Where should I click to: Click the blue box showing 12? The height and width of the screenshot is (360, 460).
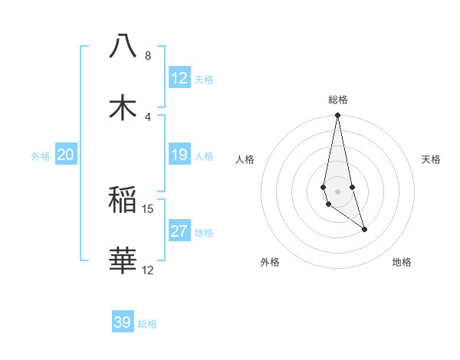pyautogui.click(x=179, y=78)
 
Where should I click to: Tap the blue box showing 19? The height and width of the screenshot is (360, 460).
pyautogui.click(x=179, y=155)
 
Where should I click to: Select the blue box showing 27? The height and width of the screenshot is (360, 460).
pyautogui.click(x=179, y=231)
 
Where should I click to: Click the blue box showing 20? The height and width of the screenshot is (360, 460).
pyautogui.click(x=66, y=155)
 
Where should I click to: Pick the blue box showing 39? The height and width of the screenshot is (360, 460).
pyautogui.click(x=123, y=322)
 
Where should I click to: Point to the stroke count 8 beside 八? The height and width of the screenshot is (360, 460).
pyautogui.click(x=147, y=56)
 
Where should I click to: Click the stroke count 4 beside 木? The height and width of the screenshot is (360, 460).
pyautogui.click(x=147, y=117)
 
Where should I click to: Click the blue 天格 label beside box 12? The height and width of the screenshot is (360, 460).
pyautogui.click(x=204, y=80)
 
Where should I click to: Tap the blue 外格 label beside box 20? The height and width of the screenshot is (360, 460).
pyautogui.click(x=41, y=156)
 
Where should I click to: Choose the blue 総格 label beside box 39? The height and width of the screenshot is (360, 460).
pyautogui.click(x=147, y=324)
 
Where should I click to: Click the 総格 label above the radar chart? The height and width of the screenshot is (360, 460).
pyautogui.click(x=338, y=100)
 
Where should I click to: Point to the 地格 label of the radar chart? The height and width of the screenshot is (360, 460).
pyautogui.click(x=402, y=262)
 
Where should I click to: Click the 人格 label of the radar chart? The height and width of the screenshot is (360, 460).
pyautogui.click(x=245, y=159)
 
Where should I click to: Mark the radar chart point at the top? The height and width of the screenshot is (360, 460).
pyautogui.click(x=337, y=116)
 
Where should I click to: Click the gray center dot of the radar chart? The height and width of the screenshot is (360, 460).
pyautogui.click(x=337, y=191)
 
